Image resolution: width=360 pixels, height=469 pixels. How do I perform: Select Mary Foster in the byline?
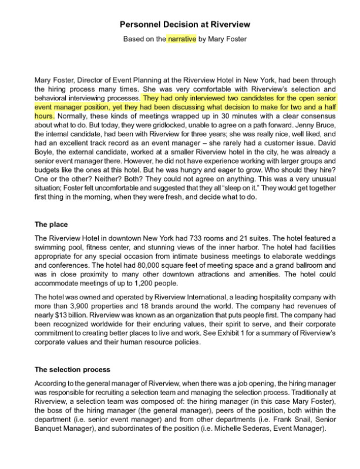[227, 39]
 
